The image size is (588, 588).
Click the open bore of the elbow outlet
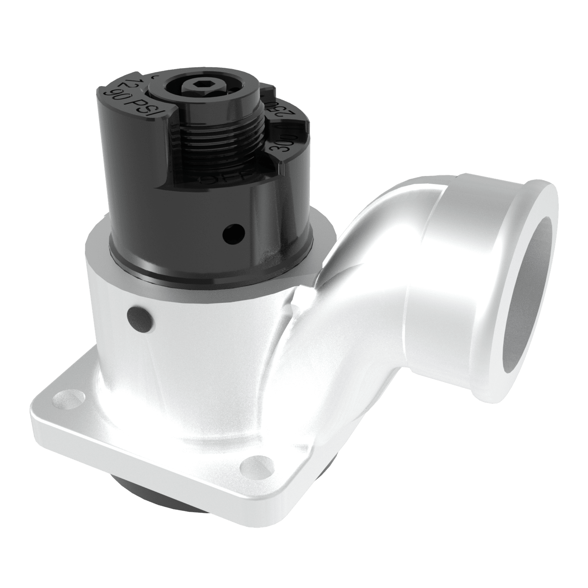point(528,295)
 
